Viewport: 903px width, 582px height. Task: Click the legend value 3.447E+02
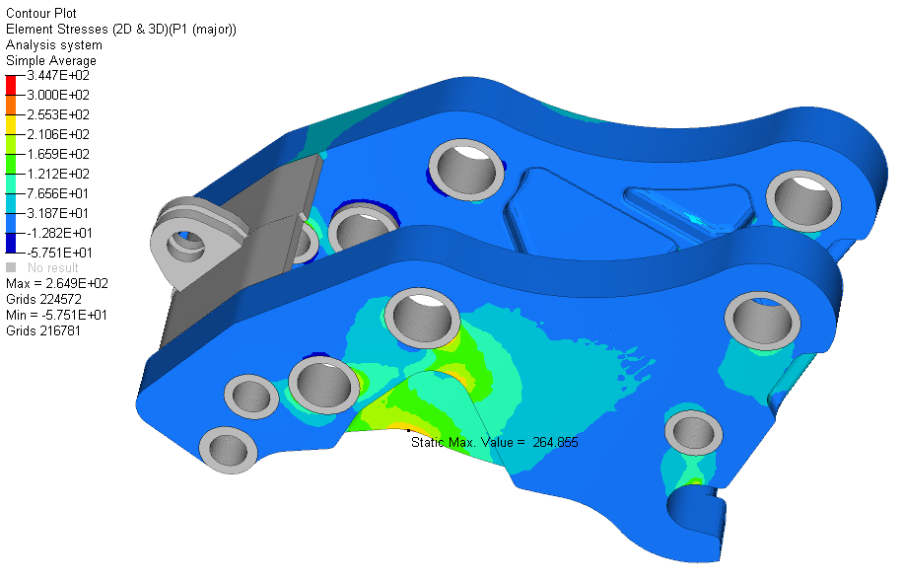(58, 76)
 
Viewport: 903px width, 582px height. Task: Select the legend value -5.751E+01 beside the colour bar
(58, 253)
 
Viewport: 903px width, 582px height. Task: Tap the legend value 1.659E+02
(58, 154)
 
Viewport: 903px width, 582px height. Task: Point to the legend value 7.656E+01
(57, 193)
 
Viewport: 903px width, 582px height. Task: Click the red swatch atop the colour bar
(11, 85)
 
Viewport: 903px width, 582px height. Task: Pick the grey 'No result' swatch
(11, 267)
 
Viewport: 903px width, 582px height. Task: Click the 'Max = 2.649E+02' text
(57, 283)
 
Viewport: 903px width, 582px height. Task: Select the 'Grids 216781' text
(43, 330)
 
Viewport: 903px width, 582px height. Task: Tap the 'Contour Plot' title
(40, 13)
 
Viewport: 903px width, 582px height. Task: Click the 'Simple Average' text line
(51, 60)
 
